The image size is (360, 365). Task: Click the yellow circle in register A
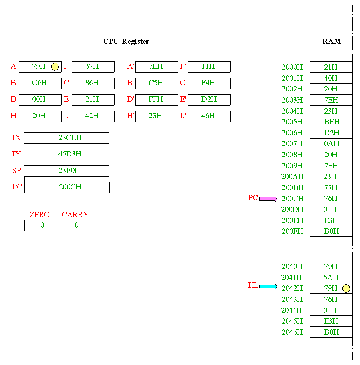pyautogui.click(x=55, y=67)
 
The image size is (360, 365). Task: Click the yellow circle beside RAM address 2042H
pyautogui.click(x=346, y=288)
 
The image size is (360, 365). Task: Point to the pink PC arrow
pyautogui.click(x=268, y=199)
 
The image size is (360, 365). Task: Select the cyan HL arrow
pyautogui.click(x=268, y=286)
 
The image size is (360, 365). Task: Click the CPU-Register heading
pyautogui.click(x=126, y=41)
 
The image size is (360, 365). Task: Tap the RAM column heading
pyautogui.click(x=331, y=41)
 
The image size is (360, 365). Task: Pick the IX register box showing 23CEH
pyautogui.click(x=66, y=138)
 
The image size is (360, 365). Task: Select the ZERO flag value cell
pyautogui.click(x=42, y=225)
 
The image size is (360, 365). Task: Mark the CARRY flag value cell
pyautogui.click(x=77, y=225)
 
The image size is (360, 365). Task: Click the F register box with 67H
pyautogui.click(x=93, y=67)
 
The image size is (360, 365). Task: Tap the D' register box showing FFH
pyautogui.click(x=156, y=99)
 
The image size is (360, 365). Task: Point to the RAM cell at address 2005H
pyautogui.click(x=331, y=122)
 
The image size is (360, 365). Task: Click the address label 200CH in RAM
pyautogui.click(x=293, y=199)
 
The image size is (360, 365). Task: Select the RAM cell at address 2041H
pyautogui.click(x=331, y=277)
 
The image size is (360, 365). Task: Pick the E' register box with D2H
pyautogui.click(x=209, y=99)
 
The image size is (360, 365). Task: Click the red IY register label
pyautogui.click(x=16, y=154)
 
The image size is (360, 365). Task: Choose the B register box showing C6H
pyautogui.click(x=40, y=83)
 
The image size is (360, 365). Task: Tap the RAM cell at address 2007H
pyautogui.click(x=331, y=144)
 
